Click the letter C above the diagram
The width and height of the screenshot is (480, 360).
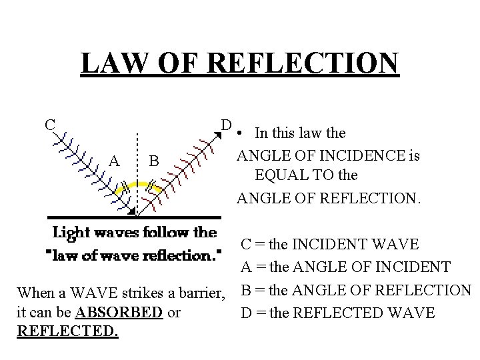49,124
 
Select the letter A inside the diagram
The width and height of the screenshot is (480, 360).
114,160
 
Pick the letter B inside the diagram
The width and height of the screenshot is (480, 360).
153,161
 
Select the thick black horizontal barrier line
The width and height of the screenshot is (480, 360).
133,217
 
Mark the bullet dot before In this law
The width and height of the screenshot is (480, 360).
238,133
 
